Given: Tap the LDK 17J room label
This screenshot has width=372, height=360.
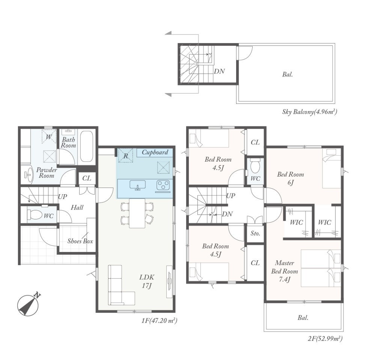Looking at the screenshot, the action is tap(147, 281).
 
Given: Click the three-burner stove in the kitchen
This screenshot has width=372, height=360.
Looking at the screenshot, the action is tap(163, 185).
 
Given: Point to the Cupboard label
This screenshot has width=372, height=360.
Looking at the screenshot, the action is tap(155, 152).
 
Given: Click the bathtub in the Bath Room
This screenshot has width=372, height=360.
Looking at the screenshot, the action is tap(86, 147).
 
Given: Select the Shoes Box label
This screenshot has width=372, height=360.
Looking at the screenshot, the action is tap(80, 241).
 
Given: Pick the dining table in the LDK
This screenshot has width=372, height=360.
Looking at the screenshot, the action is tap(137, 213).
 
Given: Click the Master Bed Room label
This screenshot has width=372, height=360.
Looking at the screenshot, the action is tap(285, 271).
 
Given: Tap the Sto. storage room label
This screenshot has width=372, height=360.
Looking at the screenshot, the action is tap(255, 234).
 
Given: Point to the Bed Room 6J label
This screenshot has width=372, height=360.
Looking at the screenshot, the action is tap(291, 178).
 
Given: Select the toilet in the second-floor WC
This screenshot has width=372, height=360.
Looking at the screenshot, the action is tap(255, 166).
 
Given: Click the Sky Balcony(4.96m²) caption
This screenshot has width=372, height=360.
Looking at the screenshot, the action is tap(310, 112).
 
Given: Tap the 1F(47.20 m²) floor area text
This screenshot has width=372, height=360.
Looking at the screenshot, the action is tap(159, 321).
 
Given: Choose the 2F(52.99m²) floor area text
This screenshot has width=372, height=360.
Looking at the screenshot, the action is tap(325, 339).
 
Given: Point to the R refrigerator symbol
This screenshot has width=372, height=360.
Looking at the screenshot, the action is tap(125, 155).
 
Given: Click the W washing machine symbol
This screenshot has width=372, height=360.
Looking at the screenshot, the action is tap(49, 136).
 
